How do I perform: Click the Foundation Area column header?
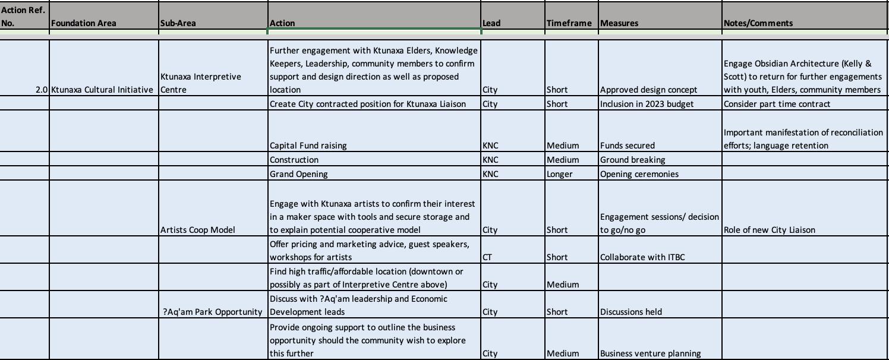coord(84,23)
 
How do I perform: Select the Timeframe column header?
coord(569,23)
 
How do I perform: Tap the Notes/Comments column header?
coord(758,23)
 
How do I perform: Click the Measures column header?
coord(619,23)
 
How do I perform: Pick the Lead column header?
coord(491,23)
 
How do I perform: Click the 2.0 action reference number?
coord(41,90)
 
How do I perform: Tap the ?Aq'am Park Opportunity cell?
coord(212,312)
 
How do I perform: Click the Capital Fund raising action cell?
coord(308,146)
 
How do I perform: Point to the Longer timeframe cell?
coord(559,174)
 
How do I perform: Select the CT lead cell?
coord(487,257)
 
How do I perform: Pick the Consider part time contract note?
coord(777,104)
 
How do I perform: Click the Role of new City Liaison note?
coord(769,230)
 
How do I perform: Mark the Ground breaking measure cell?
coord(632,160)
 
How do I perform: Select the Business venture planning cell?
coord(650,353)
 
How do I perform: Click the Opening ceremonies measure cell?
coord(639,174)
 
